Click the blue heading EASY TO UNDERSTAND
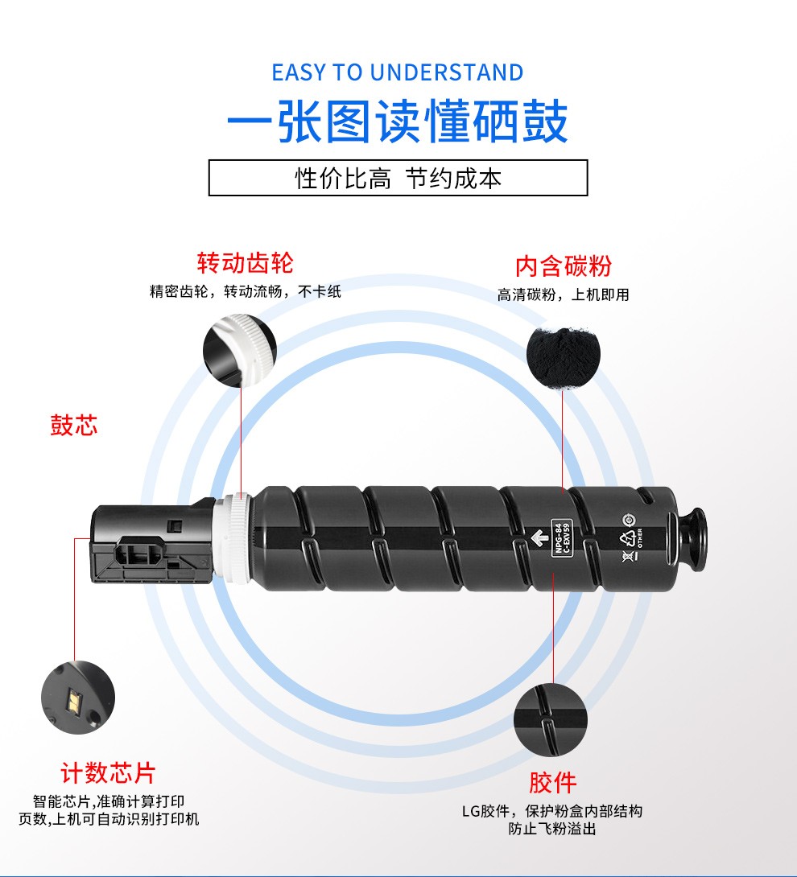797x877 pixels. pos(398,72)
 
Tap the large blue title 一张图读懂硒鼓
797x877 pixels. pos(398,121)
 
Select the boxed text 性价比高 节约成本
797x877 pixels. pos(398,179)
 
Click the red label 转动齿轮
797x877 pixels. pos(246,263)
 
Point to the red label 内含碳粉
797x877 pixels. pos(564,266)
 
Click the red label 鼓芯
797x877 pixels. pos(74,425)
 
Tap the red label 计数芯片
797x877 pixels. pos(108,773)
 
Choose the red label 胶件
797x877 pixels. pos(553,783)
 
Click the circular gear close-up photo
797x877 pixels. pos(240,350)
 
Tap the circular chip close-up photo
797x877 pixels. pos(78,698)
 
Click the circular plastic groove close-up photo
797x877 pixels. pos(550,720)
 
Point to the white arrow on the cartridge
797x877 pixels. pos(539,538)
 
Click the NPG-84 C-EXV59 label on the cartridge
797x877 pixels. pos(562,537)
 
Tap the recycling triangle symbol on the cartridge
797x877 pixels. pos(627,538)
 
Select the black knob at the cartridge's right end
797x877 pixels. pos(693,539)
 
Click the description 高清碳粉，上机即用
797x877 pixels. pos(563,294)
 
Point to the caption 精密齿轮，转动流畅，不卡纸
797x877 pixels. pos(246,291)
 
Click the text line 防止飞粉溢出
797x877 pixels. pos(552,829)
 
